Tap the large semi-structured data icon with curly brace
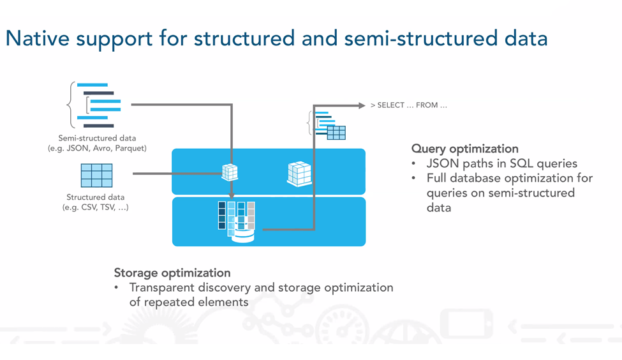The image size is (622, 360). (x=96, y=105)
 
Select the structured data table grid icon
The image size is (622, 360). (x=96, y=176)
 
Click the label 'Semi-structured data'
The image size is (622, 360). (x=97, y=138)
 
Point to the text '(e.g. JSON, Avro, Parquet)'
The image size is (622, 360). (x=97, y=148)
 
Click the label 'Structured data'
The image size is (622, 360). (x=96, y=197)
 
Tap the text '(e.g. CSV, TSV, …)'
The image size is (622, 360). (x=96, y=207)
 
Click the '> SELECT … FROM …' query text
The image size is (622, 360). (x=408, y=105)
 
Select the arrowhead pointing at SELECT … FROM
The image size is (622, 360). (x=362, y=105)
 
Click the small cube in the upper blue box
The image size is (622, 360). (x=230, y=172)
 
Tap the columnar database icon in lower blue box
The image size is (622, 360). (x=237, y=221)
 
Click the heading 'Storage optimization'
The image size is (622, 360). (x=172, y=273)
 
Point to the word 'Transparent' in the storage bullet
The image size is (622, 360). (x=161, y=287)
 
